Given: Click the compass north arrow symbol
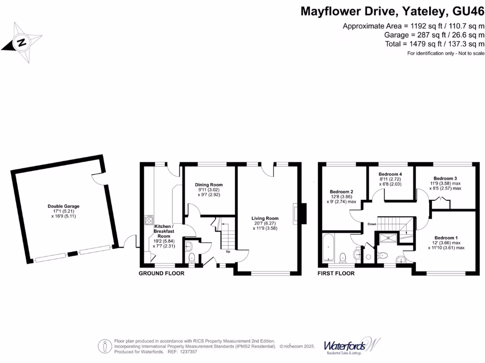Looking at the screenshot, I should point(20,43).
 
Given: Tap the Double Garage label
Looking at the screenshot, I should point(63,206).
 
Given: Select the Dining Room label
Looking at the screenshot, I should point(209,185).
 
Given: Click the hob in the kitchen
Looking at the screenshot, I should point(149,220).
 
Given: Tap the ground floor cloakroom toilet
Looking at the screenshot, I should point(192,258).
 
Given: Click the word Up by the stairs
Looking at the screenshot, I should point(228,251).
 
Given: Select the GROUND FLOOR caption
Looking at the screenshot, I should point(161,274).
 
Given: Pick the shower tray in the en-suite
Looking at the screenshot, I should point(387,240).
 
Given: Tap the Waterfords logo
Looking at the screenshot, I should point(352,346).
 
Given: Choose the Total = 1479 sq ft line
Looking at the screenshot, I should point(434,43).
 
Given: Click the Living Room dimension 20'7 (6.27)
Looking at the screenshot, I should point(265,223).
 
